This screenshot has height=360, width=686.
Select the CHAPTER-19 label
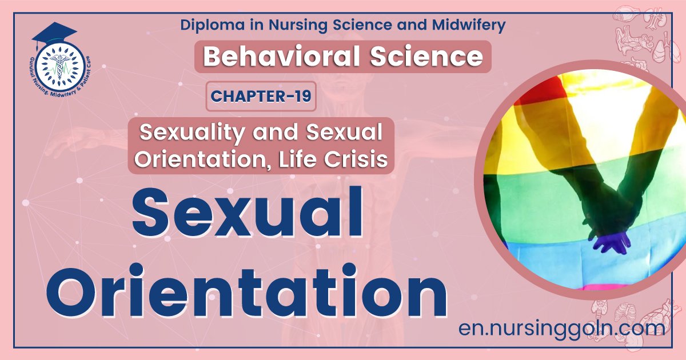[261, 96]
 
